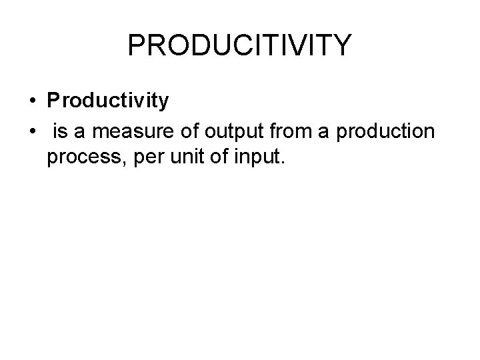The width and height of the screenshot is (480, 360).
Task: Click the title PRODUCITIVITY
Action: point(239,45)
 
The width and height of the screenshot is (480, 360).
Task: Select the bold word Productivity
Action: point(107,101)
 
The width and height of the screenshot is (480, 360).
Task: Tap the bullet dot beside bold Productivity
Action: point(33,102)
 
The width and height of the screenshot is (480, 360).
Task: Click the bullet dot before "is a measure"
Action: point(33,133)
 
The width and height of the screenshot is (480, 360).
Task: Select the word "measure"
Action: point(123,133)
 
